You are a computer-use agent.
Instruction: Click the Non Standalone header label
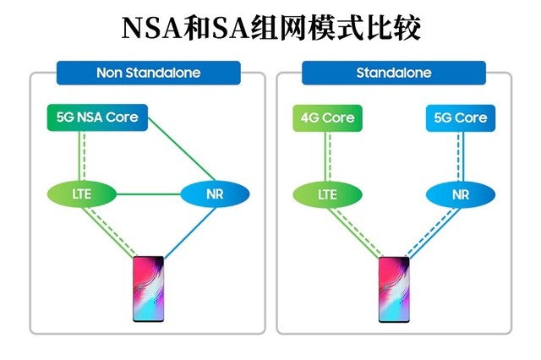148,73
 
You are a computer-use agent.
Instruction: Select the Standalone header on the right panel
393,73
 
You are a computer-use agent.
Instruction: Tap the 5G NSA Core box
96,117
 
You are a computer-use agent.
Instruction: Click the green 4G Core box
326,117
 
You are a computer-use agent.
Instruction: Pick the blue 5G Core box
460,117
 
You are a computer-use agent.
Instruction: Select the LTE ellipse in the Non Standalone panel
81,194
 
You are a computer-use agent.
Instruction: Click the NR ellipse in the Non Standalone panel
215,194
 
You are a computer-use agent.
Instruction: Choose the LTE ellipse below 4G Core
326,194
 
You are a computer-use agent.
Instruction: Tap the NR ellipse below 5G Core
460,194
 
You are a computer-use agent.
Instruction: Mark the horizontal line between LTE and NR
148,194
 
